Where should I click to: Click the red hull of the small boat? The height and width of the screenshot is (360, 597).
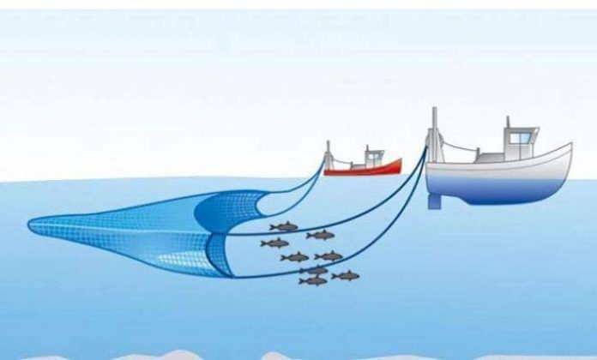365,169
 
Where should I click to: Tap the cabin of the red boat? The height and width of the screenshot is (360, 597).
374,158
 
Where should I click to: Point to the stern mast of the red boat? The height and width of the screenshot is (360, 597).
329,154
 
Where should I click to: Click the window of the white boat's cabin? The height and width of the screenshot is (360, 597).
520,136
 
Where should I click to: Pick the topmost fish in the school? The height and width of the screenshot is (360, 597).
284,227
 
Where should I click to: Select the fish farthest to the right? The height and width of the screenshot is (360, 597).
346,275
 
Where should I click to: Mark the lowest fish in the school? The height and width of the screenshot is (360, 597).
314,280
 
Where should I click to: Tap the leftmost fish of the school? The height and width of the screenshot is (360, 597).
274,243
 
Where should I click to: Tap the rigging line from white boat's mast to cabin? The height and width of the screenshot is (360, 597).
467,147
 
